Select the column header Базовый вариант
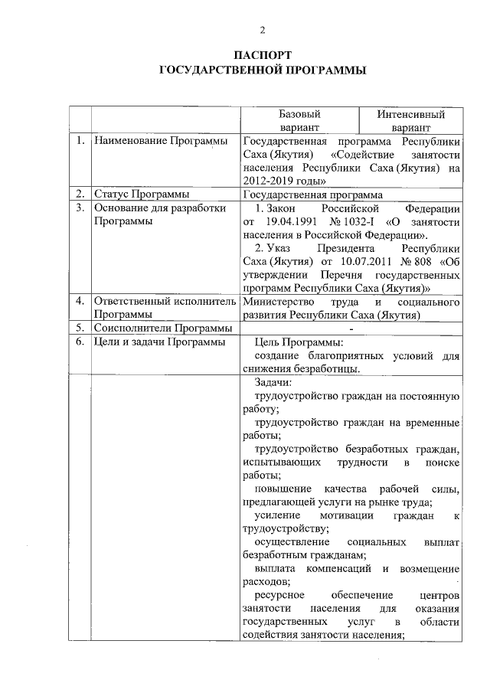[299, 120]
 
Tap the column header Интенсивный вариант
[410, 120]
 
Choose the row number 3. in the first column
[80, 208]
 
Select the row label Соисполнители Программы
[158, 328]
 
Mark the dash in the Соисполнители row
[351, 328]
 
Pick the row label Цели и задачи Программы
[159, 342]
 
